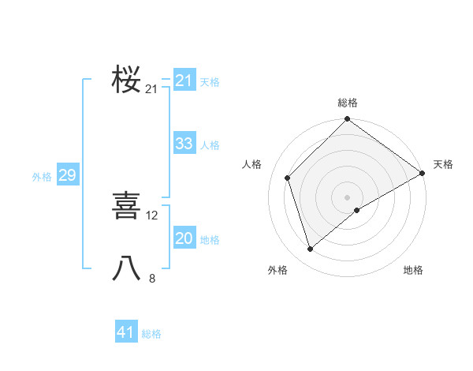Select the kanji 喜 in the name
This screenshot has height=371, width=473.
coord(126,205)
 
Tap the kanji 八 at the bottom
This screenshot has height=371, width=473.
coord(126,268)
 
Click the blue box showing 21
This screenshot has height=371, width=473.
coord(184,81)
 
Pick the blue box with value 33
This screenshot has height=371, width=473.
coord(184,144)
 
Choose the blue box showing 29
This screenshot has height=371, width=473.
coord(67,175)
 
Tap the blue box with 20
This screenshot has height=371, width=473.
coord(184,238)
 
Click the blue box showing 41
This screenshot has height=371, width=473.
coord(125,332)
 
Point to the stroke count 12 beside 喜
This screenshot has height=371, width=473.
coord(152,215)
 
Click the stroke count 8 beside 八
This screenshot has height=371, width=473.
coord(152,278)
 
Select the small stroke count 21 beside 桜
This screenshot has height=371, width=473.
coord(151,89)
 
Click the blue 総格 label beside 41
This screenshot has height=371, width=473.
coord(151,334)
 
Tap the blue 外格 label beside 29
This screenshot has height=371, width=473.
coord(42,177)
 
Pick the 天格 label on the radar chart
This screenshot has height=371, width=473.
coord(443,164)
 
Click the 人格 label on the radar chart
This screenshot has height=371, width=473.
coord(252,164)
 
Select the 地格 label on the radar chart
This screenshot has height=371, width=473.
coord(413,270)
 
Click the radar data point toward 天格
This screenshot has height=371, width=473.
coord(423,173)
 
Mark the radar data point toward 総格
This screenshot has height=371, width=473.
coord(348,120)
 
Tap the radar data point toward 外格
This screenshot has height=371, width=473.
coord(311,249)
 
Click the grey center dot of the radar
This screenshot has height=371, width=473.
coord(348,197)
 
